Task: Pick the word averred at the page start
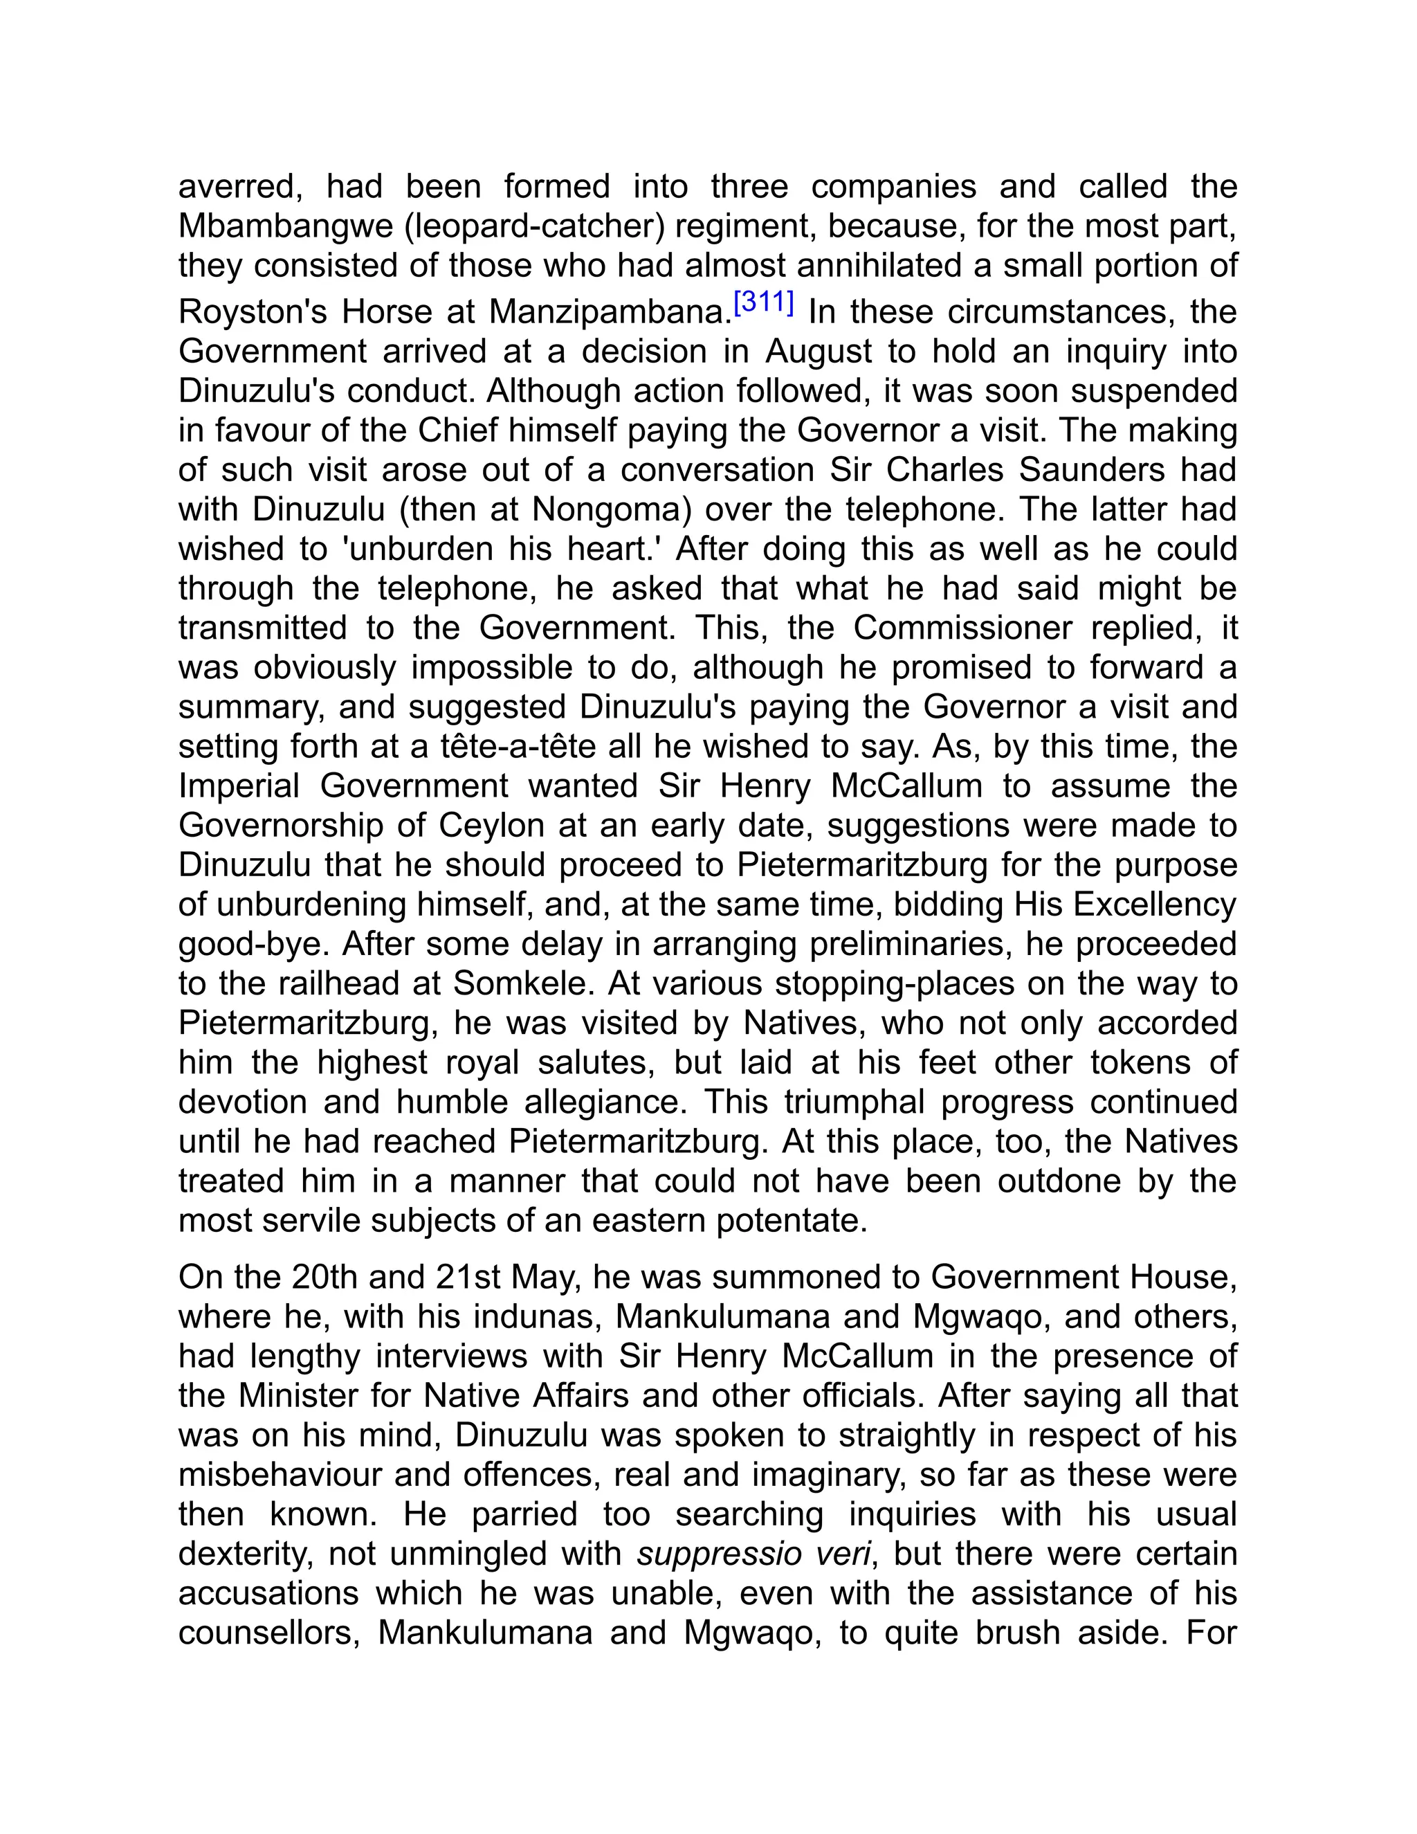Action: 240,186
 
